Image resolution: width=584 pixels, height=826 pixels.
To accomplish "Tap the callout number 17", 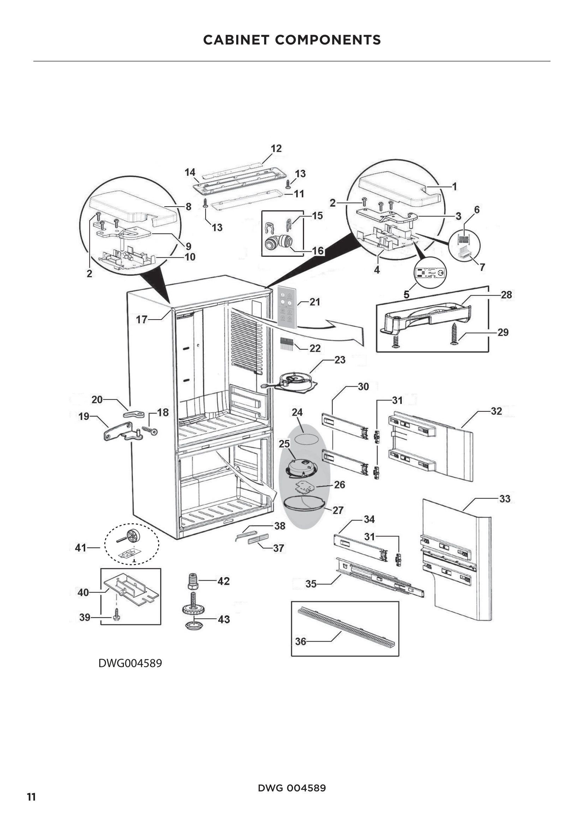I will coord(141,320).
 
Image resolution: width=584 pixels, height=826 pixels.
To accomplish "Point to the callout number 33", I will coord(505,499).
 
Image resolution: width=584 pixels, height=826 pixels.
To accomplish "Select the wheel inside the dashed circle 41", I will coord(133,538).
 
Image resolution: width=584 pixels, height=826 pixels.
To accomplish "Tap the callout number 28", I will coord(506,295).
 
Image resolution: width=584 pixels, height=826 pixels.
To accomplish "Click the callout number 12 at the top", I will coord(276,148).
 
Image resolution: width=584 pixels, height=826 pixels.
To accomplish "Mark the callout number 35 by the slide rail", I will coord(311,584).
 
